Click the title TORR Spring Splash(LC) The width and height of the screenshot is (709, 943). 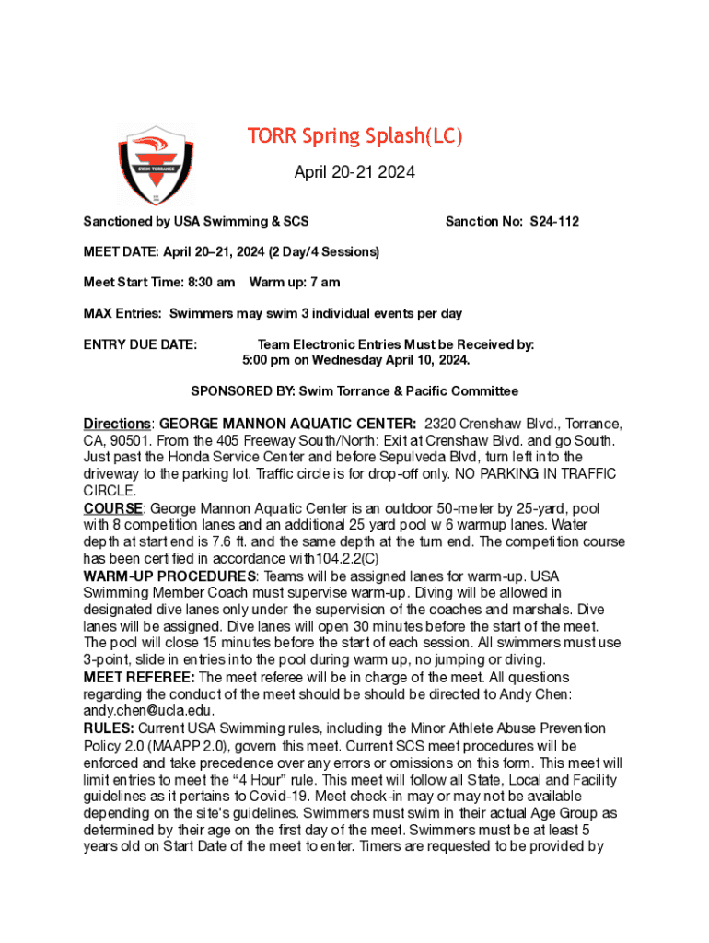point(354,137)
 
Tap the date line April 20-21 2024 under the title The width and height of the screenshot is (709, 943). point(354,172)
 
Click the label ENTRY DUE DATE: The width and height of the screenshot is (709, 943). point(140,344)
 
